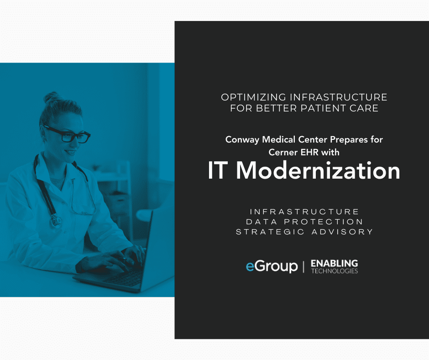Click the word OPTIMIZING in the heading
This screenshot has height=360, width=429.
click(254, 97)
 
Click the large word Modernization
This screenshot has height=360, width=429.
click(318, 170)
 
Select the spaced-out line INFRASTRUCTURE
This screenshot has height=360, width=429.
click(304, 212)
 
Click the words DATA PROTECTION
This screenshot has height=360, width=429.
click(304, 222)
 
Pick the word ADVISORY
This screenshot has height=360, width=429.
click(342, 232)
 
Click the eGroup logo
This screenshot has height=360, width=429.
click(272, 266)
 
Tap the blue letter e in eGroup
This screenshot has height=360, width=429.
click(250, 267)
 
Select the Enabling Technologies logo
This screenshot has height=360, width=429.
click(335, 267)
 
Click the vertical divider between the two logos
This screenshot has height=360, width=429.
click(303, 267)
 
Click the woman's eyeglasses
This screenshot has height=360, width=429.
click(67, 134)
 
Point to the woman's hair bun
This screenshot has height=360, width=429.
click(52, 97)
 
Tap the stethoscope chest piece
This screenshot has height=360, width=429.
click(56, 220)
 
